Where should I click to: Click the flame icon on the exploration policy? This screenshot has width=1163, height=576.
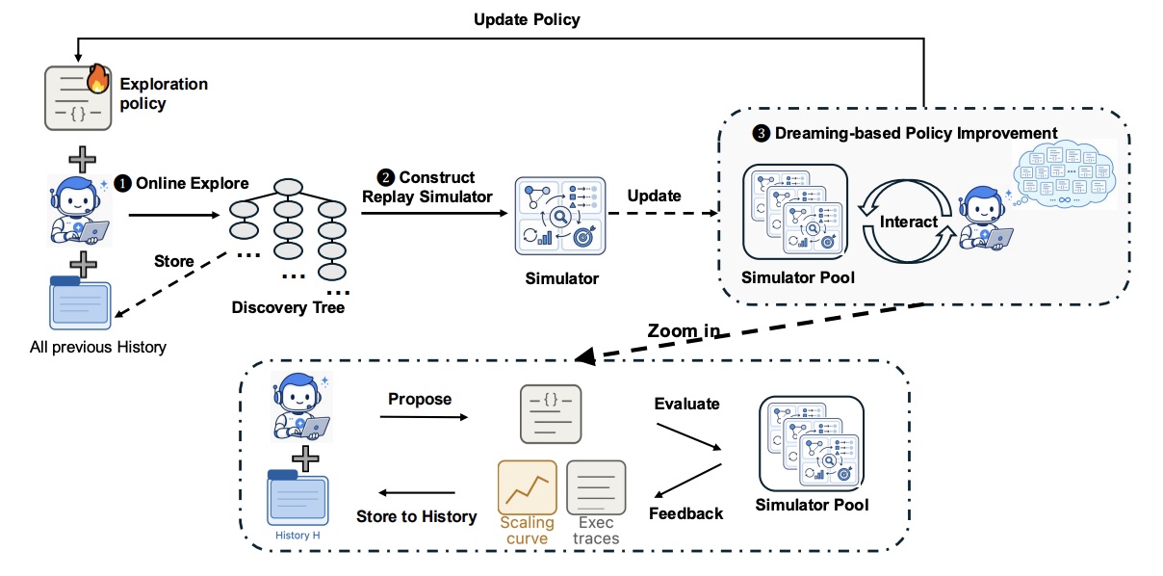98,78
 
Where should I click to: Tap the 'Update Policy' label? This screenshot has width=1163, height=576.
527,19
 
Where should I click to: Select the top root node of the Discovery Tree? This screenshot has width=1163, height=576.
288,187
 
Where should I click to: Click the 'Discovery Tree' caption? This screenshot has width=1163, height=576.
288,307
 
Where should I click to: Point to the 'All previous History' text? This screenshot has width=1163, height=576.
98,347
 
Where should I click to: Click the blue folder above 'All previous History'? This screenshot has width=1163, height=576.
81,303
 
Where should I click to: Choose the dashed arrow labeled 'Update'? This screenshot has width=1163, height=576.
663,213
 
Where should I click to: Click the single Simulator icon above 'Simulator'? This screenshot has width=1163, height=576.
560,216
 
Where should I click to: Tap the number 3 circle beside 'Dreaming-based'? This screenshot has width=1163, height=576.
762,134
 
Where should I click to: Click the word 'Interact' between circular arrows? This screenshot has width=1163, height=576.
909,222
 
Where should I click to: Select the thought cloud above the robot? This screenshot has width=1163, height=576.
1065,174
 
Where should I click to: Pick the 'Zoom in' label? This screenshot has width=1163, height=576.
684,330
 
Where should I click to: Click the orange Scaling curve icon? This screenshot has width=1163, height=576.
527,487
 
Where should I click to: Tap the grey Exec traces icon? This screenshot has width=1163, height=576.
596,487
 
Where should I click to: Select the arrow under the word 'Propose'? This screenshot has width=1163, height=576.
424,417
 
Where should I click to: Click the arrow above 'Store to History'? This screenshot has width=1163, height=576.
417,493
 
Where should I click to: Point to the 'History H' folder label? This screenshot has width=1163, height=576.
297,536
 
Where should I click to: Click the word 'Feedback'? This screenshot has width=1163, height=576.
685,513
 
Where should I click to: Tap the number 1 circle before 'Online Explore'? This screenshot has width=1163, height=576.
122,183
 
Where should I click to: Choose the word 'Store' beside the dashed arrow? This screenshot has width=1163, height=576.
174,261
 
